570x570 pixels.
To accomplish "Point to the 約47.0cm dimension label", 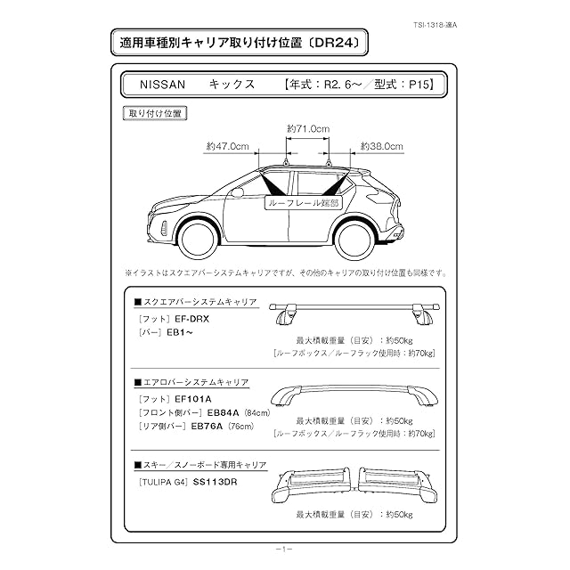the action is coord(227,146).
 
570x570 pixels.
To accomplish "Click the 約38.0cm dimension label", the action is coord(381,146).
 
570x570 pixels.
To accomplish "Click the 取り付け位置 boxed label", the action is coord(156,113).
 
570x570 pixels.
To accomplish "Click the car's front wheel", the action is coord(198,238).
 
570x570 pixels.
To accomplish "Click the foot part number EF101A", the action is coord(195,397).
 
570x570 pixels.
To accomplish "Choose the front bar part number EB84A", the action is coord(223,412).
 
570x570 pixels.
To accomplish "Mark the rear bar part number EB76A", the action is coord(208,427).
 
